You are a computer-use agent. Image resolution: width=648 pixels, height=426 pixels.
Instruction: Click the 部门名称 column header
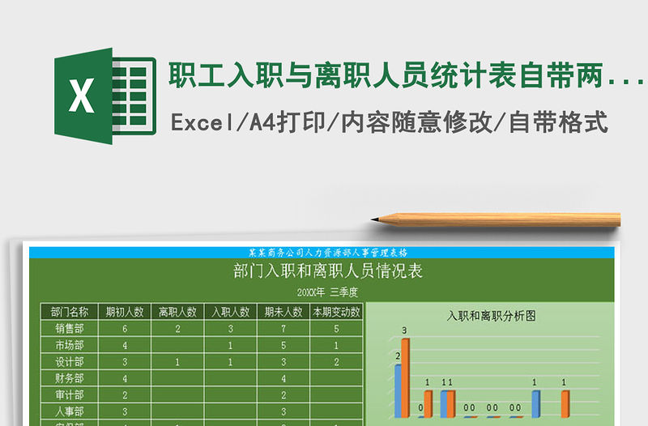(x=67, y=312)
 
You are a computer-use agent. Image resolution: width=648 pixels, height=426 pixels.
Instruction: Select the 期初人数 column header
(x=124, y=312)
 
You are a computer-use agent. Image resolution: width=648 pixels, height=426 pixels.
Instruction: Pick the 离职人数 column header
(x=177, y=312)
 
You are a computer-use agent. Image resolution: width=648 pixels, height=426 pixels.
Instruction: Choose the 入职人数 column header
(x=230, y=312)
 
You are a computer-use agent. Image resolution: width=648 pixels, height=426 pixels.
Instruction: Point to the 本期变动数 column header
(x=336, y=312)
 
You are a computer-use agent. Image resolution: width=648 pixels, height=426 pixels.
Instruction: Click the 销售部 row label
(x=67, y=329)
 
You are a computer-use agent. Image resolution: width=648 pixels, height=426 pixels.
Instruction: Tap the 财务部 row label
(x=67, y=378)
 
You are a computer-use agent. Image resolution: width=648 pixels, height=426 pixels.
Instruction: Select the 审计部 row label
(x=67, y=395)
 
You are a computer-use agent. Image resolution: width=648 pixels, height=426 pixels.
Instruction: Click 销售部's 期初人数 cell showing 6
(x=124, y=329)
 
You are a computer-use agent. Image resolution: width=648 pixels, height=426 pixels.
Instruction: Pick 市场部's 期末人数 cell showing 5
(x=283, y=345)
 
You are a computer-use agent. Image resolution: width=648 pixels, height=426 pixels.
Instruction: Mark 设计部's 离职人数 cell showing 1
(x=177, y=362)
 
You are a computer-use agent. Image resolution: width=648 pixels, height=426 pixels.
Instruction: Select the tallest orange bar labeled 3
(x=405, y=377)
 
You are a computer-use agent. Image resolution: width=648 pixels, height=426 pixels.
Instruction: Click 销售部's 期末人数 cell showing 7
(x=283, y=329)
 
